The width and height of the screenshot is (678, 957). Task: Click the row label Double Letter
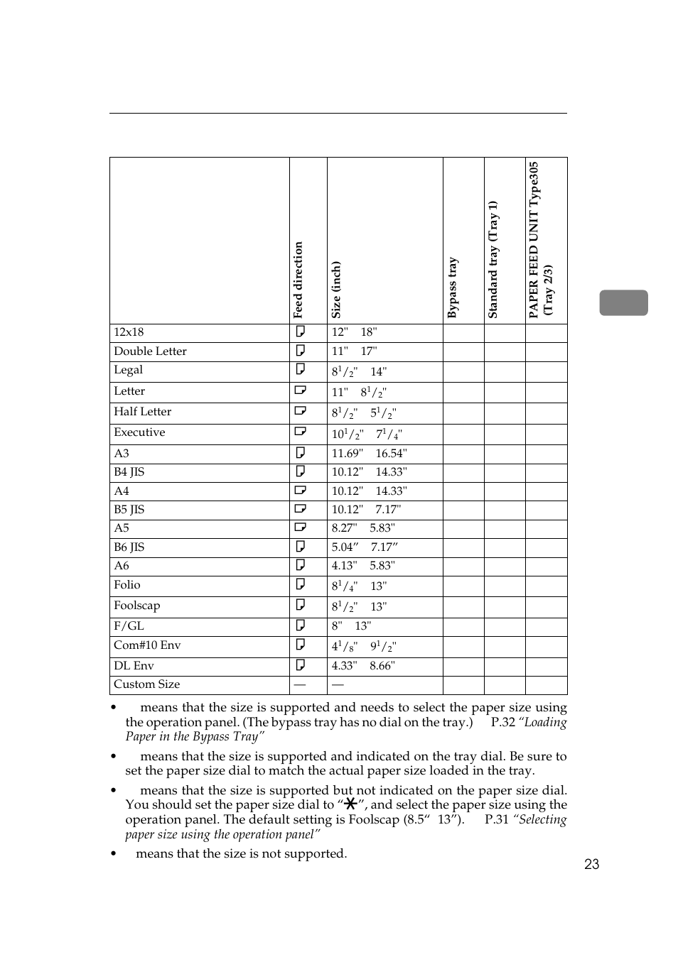click(150, 351)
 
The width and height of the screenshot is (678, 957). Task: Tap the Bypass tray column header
click(453, 287)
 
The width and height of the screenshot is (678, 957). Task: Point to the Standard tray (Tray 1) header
click(493, 259)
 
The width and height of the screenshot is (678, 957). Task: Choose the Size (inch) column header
click(336, 289)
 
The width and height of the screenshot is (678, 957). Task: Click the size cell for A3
click(369, 454)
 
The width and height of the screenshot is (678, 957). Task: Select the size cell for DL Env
click(363, 666)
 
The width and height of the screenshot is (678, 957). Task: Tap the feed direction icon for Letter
click(301, 390)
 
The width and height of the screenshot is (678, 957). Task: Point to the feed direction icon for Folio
click(301, 584)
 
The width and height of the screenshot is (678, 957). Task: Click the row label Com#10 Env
click(147, 645)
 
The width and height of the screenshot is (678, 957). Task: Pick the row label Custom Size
click(146, 684)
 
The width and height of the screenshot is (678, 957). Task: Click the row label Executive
click(139, 432)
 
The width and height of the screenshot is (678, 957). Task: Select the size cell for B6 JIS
click(365, 547)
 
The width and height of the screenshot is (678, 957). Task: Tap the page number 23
click(591, 864)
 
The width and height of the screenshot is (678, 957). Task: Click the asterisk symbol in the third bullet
click(350, 804)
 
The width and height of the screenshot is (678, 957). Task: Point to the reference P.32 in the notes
click(502, 722)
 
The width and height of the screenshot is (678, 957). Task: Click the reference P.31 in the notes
click(496, 819)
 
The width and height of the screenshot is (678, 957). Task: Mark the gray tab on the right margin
click(623, 302)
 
